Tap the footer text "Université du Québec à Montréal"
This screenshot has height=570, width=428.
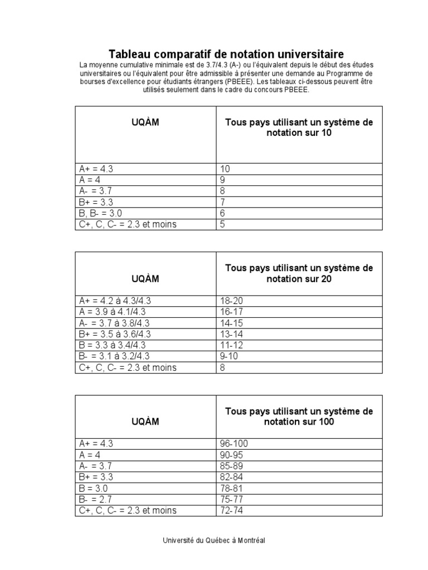tap(214, 540)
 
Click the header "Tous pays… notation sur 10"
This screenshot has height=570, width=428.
tap(299, 128)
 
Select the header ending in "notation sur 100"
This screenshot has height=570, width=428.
tap(299, 416)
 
